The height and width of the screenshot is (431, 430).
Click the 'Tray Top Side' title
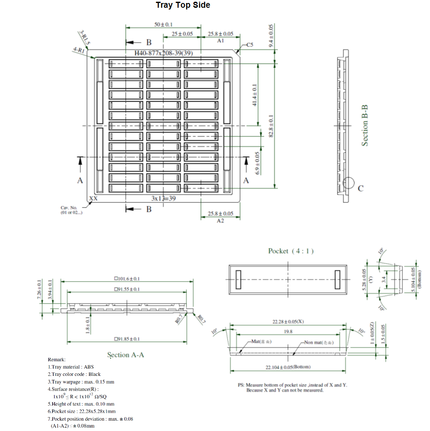pyautogui.click(x=183, y=5)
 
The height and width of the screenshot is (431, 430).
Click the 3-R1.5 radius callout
pyautogui.click(x=84, y=37)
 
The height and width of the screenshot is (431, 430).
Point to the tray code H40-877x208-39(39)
pyautogui.click(x=164, y=53)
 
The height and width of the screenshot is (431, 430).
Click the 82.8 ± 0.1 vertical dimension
pyautogui.click(x=271, y=125)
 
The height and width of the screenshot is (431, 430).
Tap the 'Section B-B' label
pyautogui.click(x=365, y=125)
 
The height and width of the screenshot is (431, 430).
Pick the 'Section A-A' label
pyautogui.click(x=125, y=355)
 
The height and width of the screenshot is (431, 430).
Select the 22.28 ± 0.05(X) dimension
pyautogui.click(x=288, y=322)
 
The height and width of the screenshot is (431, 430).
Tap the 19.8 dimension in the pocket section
pyautogui.click(x=288, y=332)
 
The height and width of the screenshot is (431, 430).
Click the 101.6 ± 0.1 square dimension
pyautogui.click(x=127, y=279)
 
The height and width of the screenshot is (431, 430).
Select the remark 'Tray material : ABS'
pyautogui.click(x=71, y=367)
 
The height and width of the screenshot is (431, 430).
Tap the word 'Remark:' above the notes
pyautogui.click(x=56, y=360)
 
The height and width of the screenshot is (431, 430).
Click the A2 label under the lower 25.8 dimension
pyautogui.click(x=220, y=221)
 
